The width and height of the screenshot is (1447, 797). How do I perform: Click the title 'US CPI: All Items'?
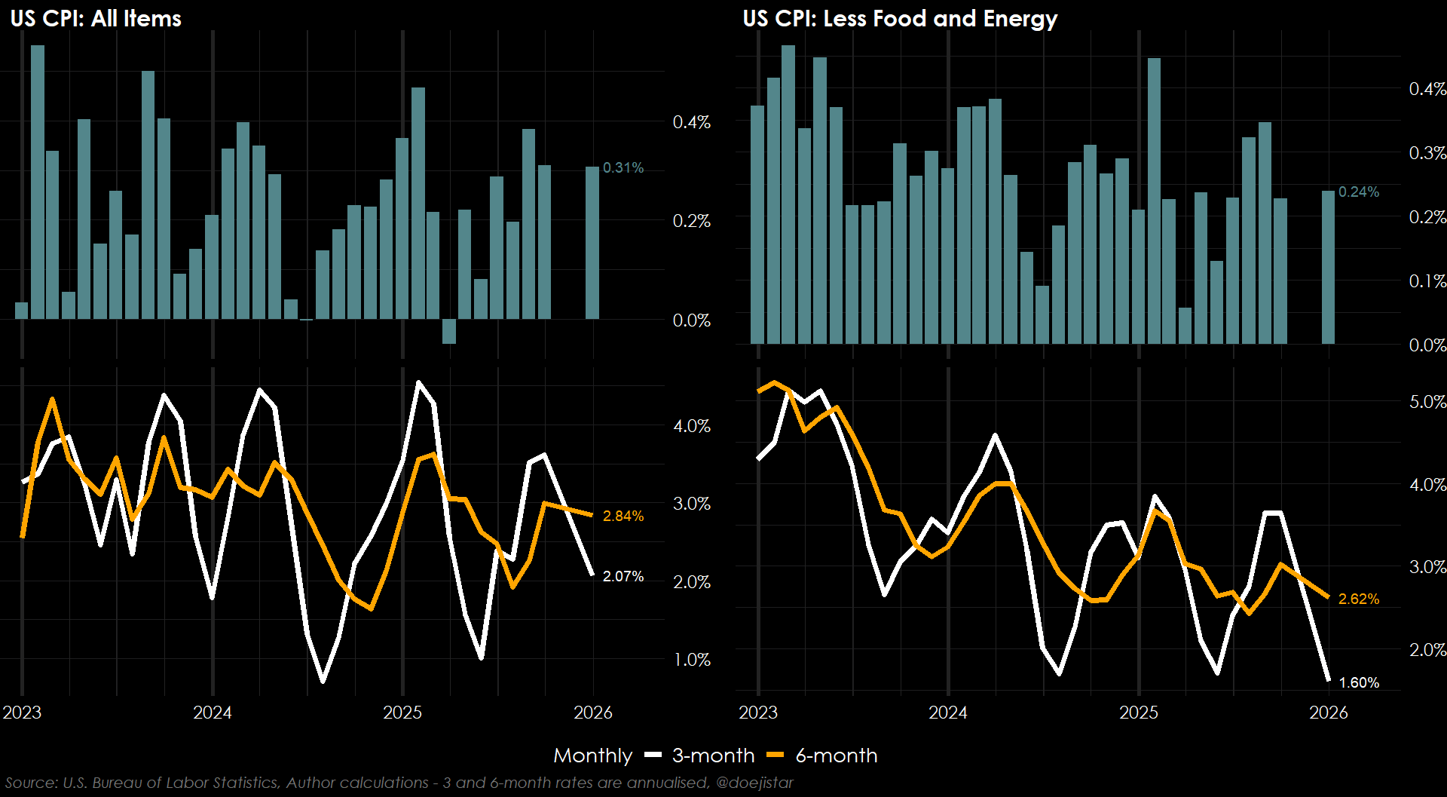pyautogui.click(x=96, y=18)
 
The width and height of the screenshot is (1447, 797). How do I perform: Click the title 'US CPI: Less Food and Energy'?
pyautogui.click(x=900, y=18)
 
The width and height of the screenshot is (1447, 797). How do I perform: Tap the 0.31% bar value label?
pyautogui.click(x=623, y=167)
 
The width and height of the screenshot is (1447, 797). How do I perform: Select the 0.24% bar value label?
pyautogui.click(x=1359, y=192)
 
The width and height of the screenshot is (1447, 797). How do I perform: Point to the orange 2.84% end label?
pyautogui.click(x=623, y=516)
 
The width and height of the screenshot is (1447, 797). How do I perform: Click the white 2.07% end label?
pyautogui.click(x=623, y=576)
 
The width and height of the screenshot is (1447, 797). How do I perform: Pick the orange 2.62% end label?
pyautogui.click(x=1359, y=599)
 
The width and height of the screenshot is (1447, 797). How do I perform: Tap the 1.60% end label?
pyautogui.click(x=1359, y=682)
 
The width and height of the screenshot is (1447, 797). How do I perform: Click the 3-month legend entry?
pyautogui.click(x=712, y=756)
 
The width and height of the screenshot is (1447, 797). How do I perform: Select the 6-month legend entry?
pyautogui.click(x=836, y=756)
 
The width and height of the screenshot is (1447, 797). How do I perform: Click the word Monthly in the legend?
pyautogui.click(x=592, y=756)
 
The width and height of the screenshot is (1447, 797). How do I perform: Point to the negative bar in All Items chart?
pyautogui.click(x=449, y=332)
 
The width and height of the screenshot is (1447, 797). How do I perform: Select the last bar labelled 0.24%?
pyautogui.click(x=1328, y=268)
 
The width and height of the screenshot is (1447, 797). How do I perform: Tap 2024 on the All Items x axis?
pyautogui.click(x=213, y=713)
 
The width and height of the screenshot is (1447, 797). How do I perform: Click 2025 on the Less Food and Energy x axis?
pyautogui.click(x=1138, y=713)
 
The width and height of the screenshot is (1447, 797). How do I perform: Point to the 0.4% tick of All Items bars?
pyautogui.click(x=691, y=122)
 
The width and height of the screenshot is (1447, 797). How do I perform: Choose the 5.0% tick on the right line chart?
pyautogui.click(x=1427, y=402)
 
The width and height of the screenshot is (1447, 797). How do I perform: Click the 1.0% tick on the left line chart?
pyautogui.click(x=692, y=660)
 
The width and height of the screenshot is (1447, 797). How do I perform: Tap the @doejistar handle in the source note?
pyautogui.click(x=754, y=783)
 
